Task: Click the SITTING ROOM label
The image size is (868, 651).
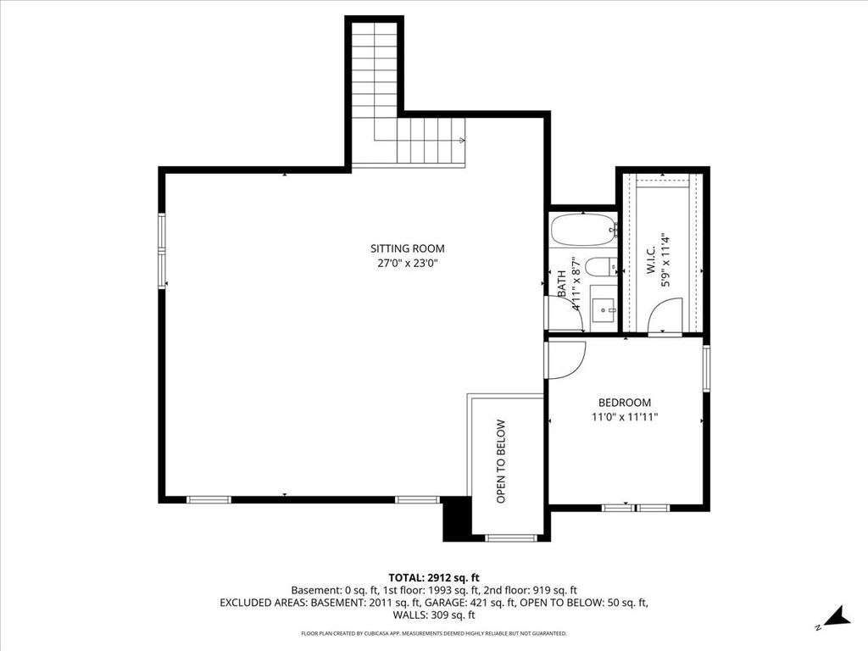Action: tap(408, 248)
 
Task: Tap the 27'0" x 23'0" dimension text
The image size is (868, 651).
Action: tap(408, 264)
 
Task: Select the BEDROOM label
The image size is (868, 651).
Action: tap(625, 403)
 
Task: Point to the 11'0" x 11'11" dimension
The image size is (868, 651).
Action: tap(625, 417)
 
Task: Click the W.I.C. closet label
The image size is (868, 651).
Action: tap(650, 260)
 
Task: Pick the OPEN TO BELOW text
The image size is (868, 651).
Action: tap(501, 461)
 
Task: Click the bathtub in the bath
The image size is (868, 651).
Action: tap(583, 230)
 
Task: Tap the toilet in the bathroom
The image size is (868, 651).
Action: tap(601, 267)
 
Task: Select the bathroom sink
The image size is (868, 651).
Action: tap(604, 310)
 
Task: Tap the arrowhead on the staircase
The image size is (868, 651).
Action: tap(462, 140)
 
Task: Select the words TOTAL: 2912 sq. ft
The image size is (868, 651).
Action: tap(434, 578)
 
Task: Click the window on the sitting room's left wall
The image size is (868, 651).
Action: tap(162, 251)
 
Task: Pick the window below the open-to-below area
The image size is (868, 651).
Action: tap(511, 537)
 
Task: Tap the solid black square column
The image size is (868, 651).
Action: tap(457, 519)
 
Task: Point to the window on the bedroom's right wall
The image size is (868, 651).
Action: tap(706, 368)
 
